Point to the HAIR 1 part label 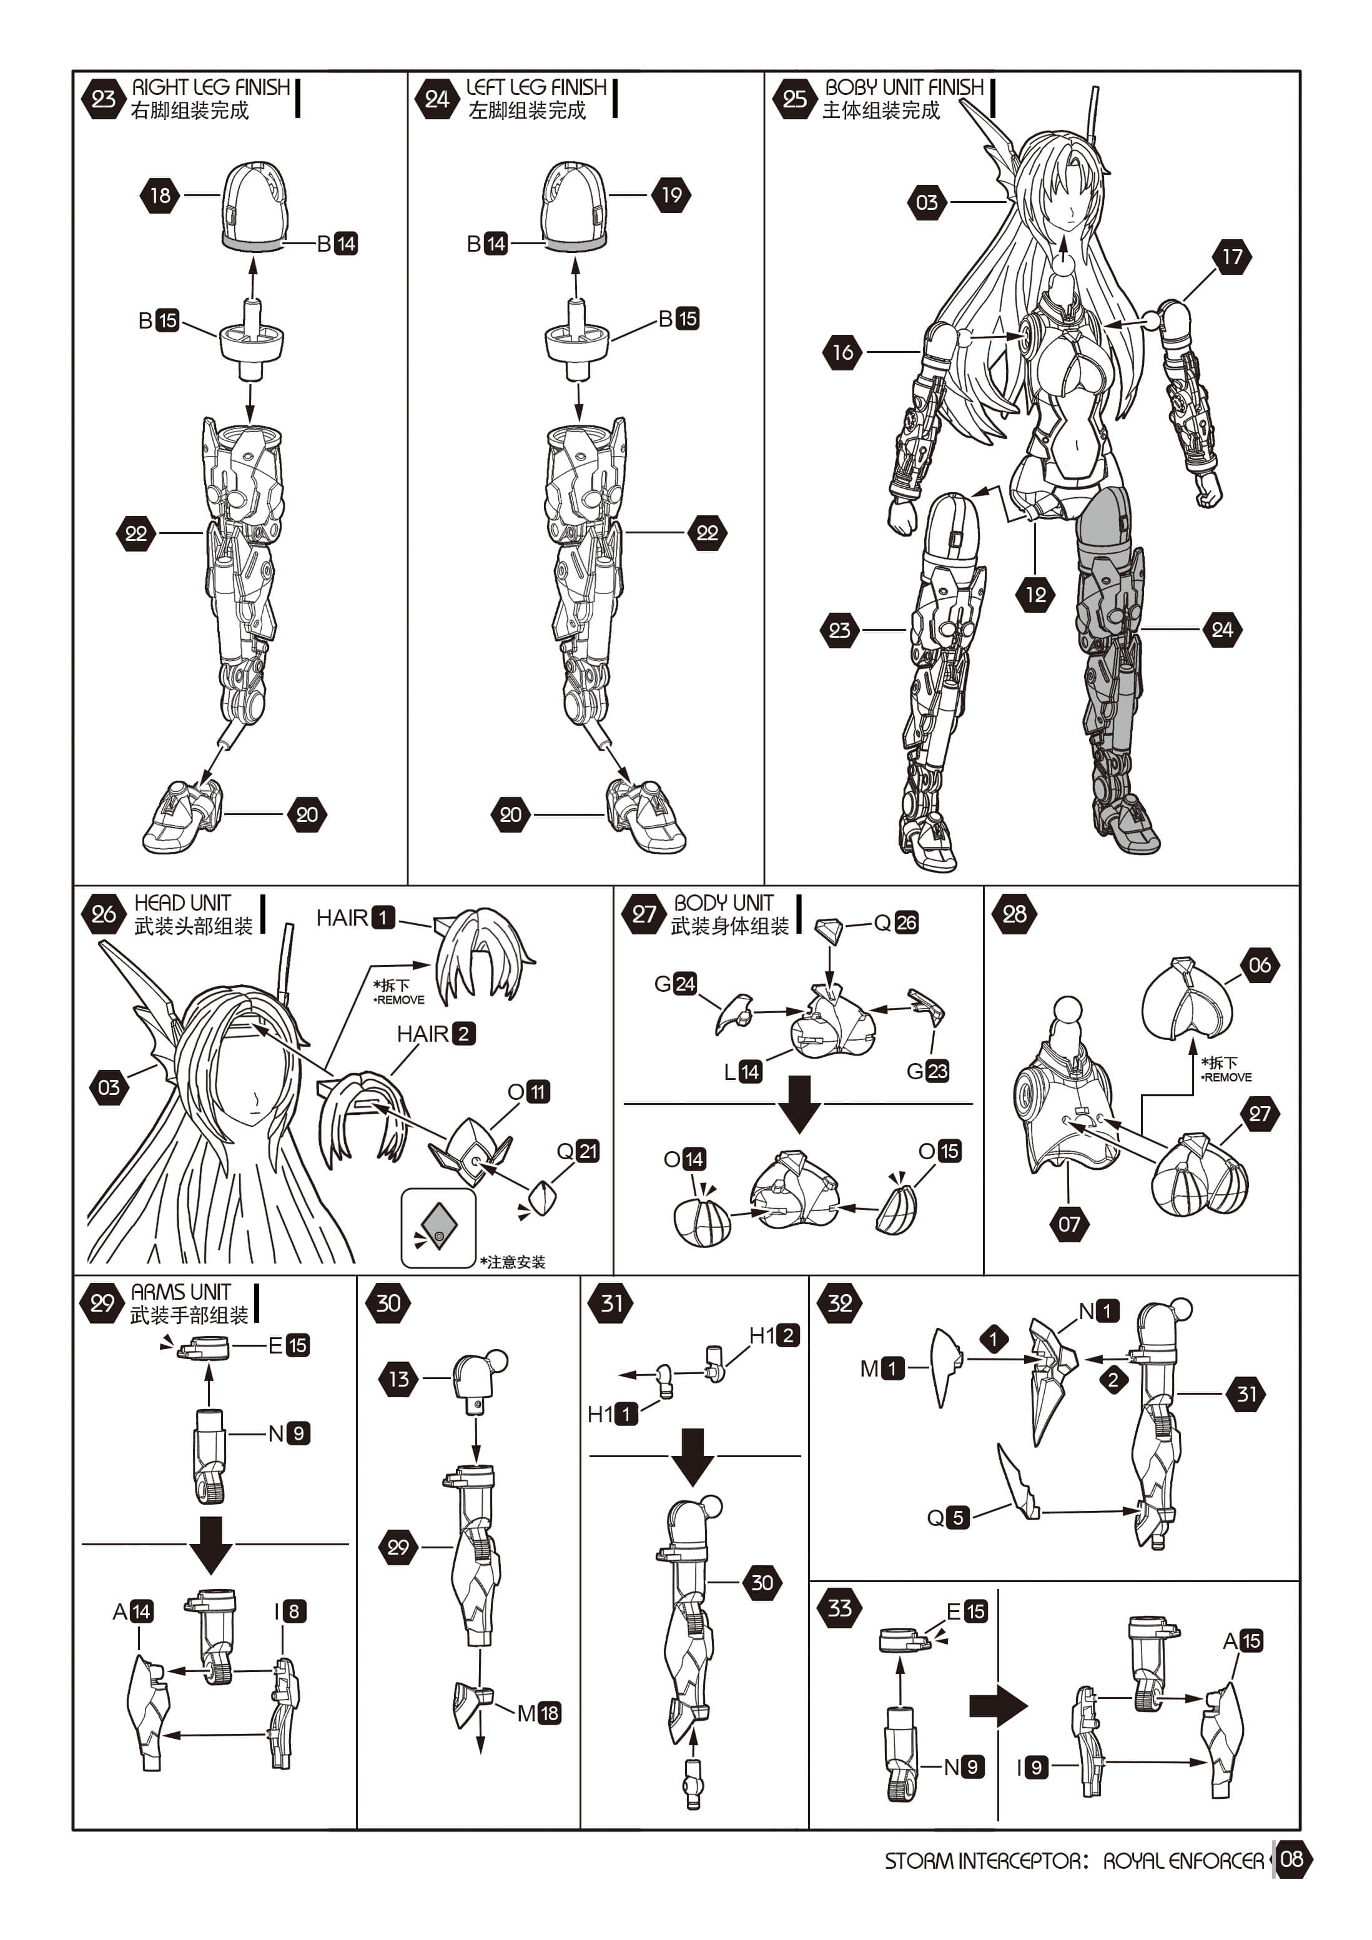click(x=356, y=918)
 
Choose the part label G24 click(x=676, y=984)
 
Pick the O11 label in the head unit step click(x=529, y=1092)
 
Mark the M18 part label click(x=539, y=1713)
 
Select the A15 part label click(x=1243, y=1641)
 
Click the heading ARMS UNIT click(x=181, y=1292)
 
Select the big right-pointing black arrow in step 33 click(x=999, y=1706)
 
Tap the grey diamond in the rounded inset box click(x=438, y=1227)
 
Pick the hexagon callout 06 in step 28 click(x=1259, y=965)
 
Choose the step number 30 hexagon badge click(x=388, y=1303)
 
